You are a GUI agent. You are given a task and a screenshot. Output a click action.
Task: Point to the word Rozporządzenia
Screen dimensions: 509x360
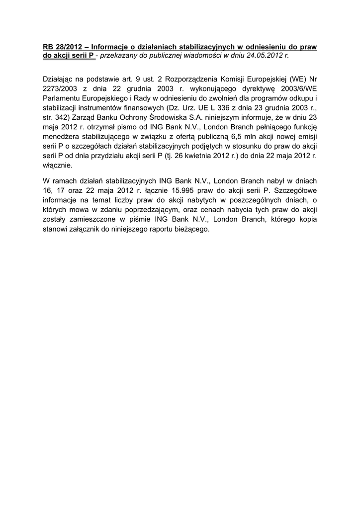(193, 79)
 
